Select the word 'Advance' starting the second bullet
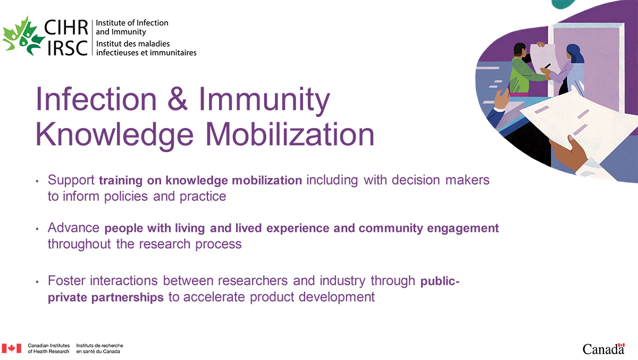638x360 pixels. tap(73, 228)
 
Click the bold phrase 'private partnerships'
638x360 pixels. tap(106, 297)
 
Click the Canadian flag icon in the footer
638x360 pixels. tap(11, 348)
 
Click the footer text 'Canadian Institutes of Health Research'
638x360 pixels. tap(48, 348)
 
